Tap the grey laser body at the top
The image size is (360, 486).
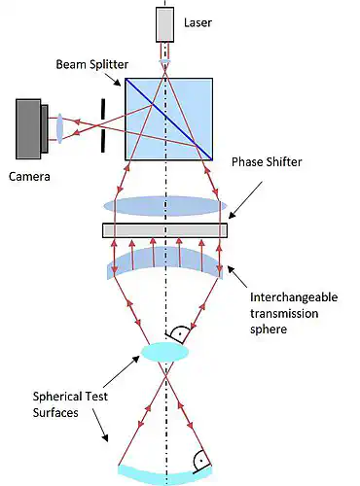pos(165,25)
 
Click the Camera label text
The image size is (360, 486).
pos(30,177)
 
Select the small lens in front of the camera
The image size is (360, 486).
pos(59,127)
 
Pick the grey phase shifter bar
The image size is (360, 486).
pos(164,230)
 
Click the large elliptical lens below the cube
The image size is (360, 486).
pos(164,206)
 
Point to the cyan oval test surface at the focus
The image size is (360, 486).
pos(164,351)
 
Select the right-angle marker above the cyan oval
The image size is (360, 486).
pos(177,333)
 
